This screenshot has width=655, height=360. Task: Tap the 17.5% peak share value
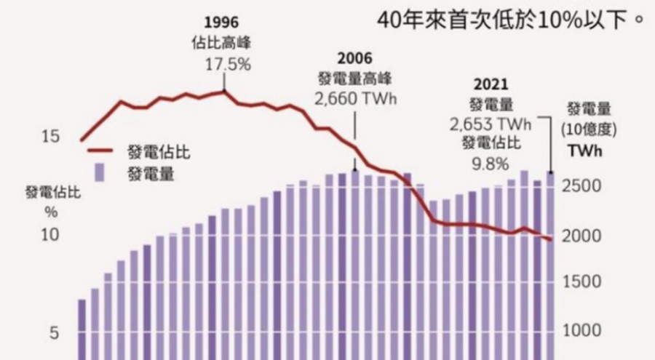(227, 64)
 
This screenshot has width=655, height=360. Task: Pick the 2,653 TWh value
(490, 124)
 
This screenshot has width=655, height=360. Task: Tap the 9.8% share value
(491, 164)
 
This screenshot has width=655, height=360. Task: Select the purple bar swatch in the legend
(102, 173)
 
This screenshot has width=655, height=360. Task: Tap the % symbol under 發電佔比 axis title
(52, 212)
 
